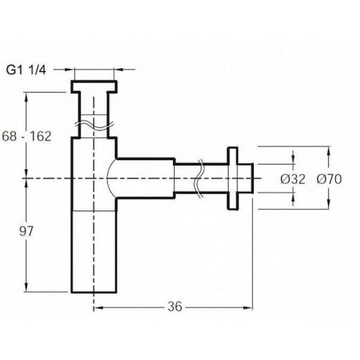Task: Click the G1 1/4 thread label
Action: (x=26, y=70)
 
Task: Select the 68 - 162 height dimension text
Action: (x=26, y=136)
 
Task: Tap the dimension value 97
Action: (x=26, y=231)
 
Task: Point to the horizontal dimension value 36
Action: (x=175, y=307)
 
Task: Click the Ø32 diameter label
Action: (x=293, y=179)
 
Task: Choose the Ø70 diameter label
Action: (x=329, y=179)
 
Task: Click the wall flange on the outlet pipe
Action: (x=232, y=178)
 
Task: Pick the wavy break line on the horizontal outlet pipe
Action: (x=199, y=178)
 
